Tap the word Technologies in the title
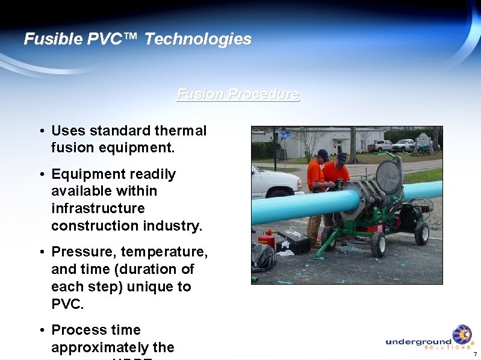click(198, 40)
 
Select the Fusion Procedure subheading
click(238, 95)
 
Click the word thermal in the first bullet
click(181, 131)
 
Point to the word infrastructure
click(98, 208)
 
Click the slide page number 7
click(475, 353)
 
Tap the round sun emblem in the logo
click(462, 334)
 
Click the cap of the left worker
click(323, 154)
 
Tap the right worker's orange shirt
click(338, 174)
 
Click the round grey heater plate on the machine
click(388, 177)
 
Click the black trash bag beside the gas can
click(264, 256)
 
